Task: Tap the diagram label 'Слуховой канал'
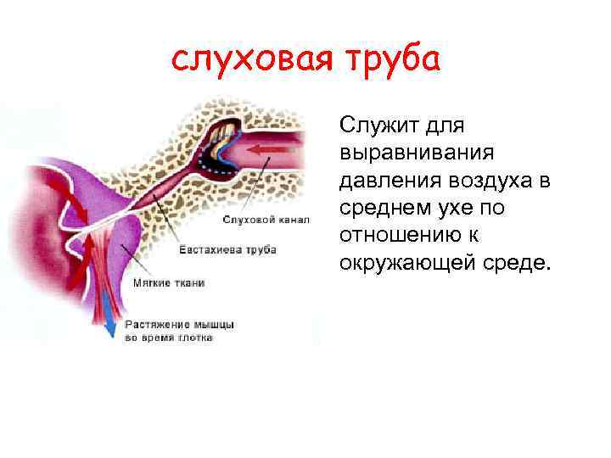260,220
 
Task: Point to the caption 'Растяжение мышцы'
180,324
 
